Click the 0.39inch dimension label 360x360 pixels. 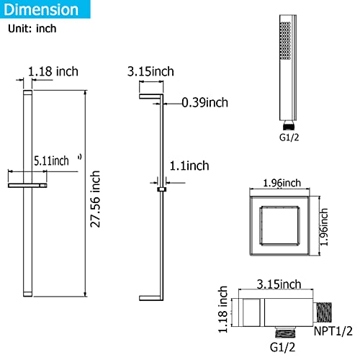(206, 102)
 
